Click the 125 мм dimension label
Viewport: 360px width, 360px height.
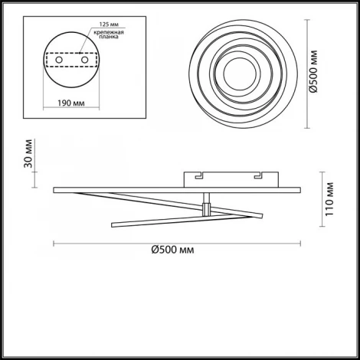tap(109, 25)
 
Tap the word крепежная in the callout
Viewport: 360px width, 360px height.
tap(109, 32)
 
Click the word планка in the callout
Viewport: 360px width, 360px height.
tap(109, 37)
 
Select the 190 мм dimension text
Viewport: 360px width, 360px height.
tap(71, 103)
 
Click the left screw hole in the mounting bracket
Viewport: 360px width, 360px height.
tap(59, 60)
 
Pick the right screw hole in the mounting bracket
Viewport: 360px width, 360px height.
tap(84, 60)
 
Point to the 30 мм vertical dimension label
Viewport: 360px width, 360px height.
tap(28, 153)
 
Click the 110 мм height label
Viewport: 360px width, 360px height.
tap(329, 199)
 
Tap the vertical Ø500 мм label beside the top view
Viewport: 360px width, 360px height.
tap(313, 71)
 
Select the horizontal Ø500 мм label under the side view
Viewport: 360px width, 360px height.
tap(172, 250)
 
